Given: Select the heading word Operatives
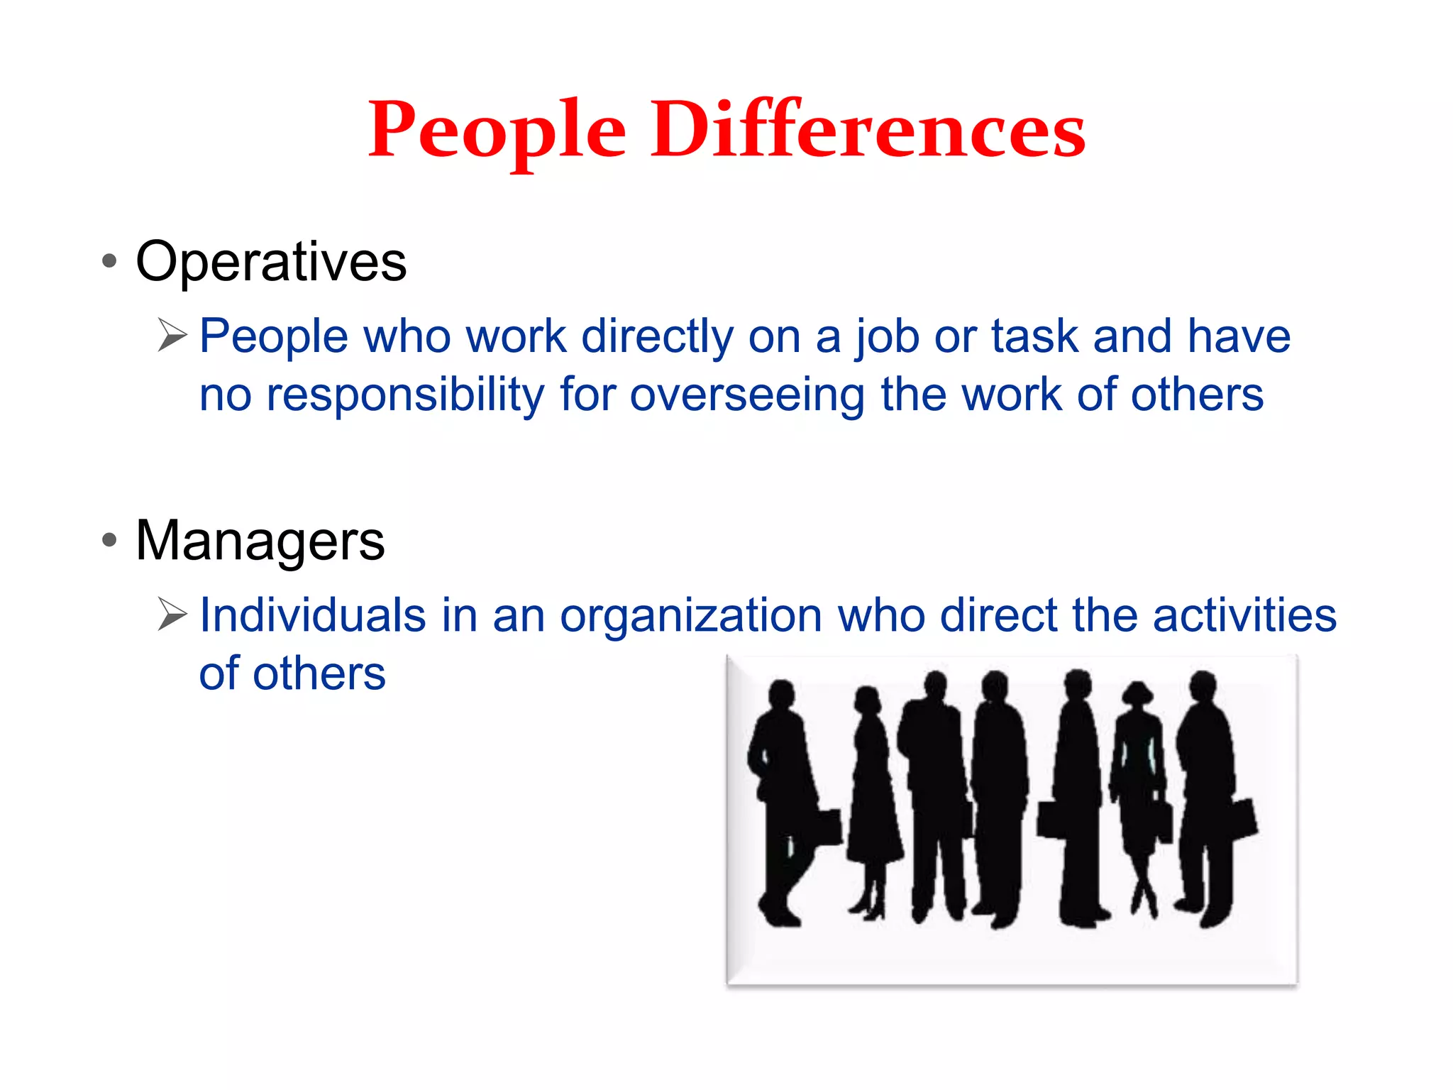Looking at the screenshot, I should point(271,262).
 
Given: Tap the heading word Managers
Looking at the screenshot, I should point(260,541).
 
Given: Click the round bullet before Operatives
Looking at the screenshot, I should point(109,260).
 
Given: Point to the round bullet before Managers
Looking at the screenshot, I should point(109,540).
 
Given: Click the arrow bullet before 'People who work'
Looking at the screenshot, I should point(172,335).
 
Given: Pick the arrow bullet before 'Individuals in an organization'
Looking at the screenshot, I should point(172,614).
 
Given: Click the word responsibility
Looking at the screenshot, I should point(405,395).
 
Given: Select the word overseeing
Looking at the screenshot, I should point(747,395).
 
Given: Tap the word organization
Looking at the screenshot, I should point(690,615).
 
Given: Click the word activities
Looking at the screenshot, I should point(1244,615).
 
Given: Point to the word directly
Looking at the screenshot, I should point(657,336).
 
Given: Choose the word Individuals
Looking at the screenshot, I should point(312,615).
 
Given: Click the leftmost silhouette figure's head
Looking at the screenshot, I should point(781,694).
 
